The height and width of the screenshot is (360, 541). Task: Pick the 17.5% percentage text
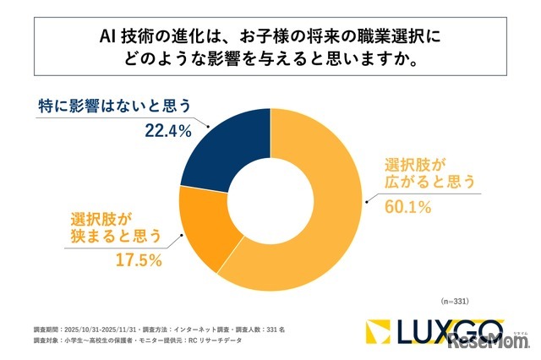(139, 260)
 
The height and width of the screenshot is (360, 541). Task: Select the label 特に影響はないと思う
(115, 106)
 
